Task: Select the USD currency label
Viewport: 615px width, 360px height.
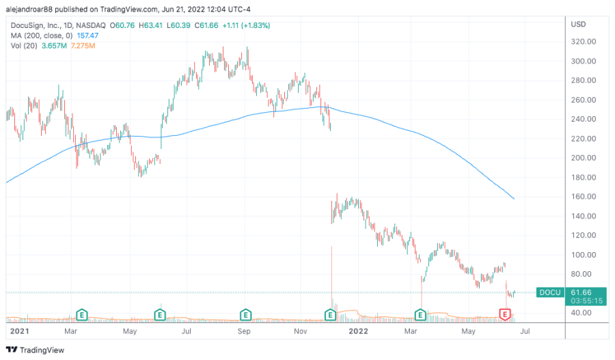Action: pyautogui.click(x=577, y=23)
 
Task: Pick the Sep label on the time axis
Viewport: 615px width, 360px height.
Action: pyautogui.click(x=245, y=332)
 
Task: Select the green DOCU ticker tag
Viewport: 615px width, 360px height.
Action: pyautogui.click(x=550, y=292)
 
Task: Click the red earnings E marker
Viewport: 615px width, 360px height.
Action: pyautogui.click(x=505, y=314)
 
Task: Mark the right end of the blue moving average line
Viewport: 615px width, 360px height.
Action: pyautogui.click(x=514, y=199)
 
